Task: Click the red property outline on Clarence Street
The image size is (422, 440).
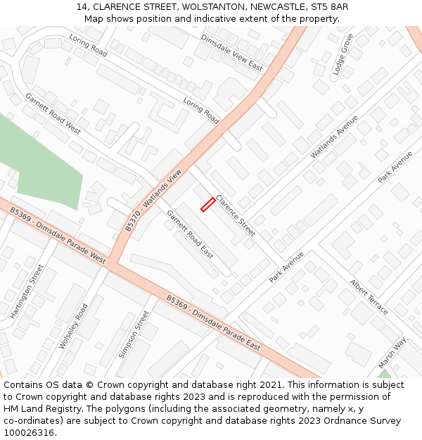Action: click(x=207, y=204)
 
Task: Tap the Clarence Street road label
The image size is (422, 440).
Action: click(x=236, y=215)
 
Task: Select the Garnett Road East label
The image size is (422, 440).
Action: click(x=190, y=234)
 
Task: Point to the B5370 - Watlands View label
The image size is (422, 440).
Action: click(x=153, y=201)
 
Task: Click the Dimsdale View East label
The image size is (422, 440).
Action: click(x=231, y=53)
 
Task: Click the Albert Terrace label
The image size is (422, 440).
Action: click(x=369, y=296)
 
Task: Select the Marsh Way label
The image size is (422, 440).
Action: click(x=392, y=353)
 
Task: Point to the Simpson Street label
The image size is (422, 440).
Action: click(x=134, y=334)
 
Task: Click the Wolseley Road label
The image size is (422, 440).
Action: click(x=74, y=326)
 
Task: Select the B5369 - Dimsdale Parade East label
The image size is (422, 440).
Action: click(x=213, y=322)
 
